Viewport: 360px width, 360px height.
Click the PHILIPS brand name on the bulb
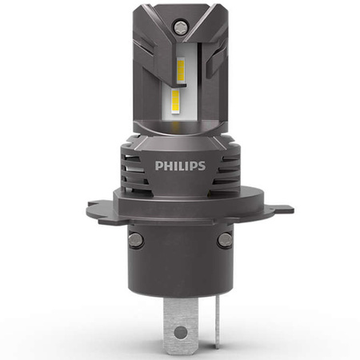coord(180,166)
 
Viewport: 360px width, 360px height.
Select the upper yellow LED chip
coord(181,70)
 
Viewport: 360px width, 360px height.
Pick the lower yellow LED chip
coord(175,102)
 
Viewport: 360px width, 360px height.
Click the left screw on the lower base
coord(136,239)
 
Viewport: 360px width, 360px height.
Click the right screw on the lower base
coord(225,239)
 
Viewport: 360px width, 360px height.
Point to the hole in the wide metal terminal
coord(181,332)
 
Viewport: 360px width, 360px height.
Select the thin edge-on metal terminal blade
coord(218,322)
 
